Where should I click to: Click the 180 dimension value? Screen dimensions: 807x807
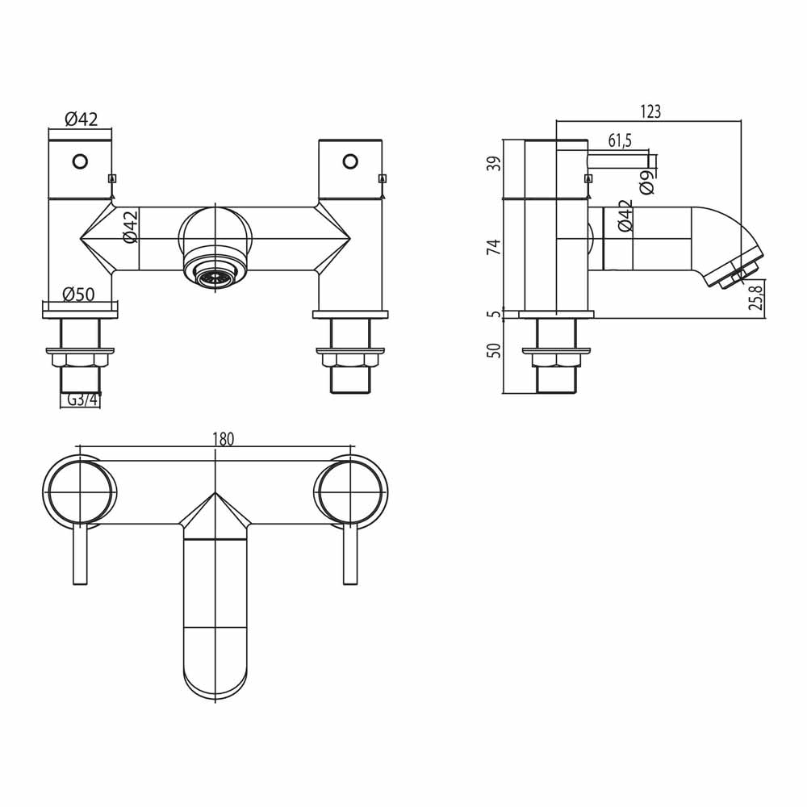(x=223, y=439)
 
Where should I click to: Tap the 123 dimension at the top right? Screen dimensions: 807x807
(x=650, y=112)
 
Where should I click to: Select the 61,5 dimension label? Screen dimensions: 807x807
(x=619, y=141)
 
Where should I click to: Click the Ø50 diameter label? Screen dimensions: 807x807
(x=78, y=295)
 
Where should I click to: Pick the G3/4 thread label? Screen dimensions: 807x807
(x=80, y=399)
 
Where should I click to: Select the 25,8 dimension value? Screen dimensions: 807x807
(x=756, y=296)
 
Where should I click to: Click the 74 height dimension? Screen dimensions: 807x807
(x=495, y=247)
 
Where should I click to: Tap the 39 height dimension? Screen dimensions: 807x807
(x=495, y=163)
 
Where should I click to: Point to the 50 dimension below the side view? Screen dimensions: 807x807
(x=495, y=350)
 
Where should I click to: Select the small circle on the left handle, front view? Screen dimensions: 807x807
(x=80, y=161)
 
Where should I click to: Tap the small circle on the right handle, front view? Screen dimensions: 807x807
(x=350, y=161)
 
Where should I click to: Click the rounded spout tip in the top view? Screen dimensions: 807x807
(x=215, y=674)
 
